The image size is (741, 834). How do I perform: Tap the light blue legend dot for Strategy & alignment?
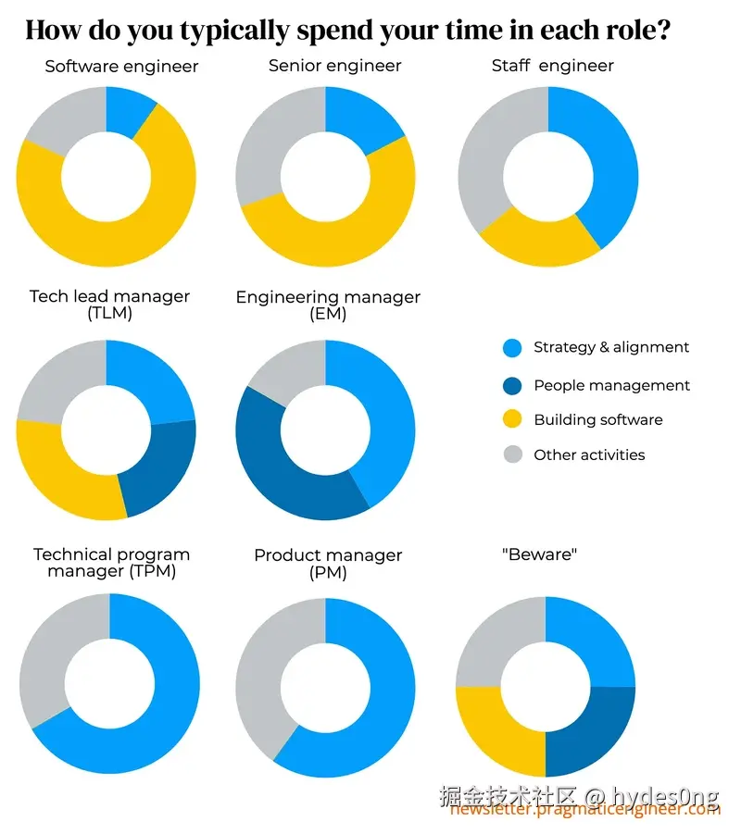[512, 348]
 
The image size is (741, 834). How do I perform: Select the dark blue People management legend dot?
[512, 384]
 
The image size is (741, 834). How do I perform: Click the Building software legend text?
[598, 419]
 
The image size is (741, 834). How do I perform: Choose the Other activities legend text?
[589, 454]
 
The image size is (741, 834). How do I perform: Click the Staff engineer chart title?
[552, 66]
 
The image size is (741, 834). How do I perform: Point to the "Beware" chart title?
[539, 554]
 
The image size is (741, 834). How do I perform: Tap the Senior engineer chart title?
[334, 66]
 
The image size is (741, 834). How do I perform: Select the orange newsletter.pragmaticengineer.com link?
[585, 810]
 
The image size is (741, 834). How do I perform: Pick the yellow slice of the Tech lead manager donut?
[65, 472]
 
